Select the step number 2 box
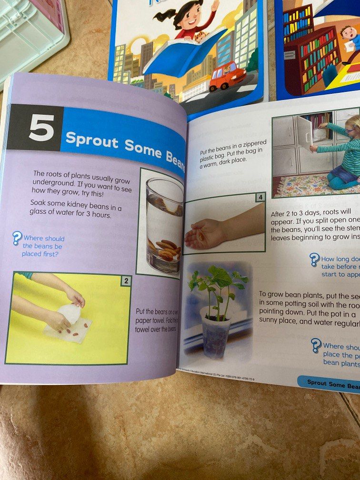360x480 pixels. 126,281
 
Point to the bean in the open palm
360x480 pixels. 202,235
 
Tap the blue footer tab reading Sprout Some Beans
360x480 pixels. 331,382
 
